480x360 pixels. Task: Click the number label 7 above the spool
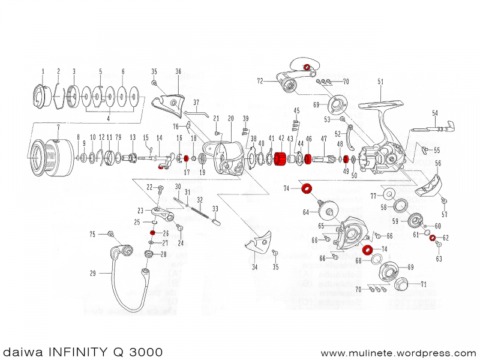[58, 127]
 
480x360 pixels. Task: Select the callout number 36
[178, 71]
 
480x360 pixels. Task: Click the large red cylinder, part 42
[279, 160]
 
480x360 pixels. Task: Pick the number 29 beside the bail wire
[93, 274]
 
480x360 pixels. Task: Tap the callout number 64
[306, 212]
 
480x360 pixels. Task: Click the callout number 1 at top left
[43, 71]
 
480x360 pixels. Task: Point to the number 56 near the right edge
[438, 163]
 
